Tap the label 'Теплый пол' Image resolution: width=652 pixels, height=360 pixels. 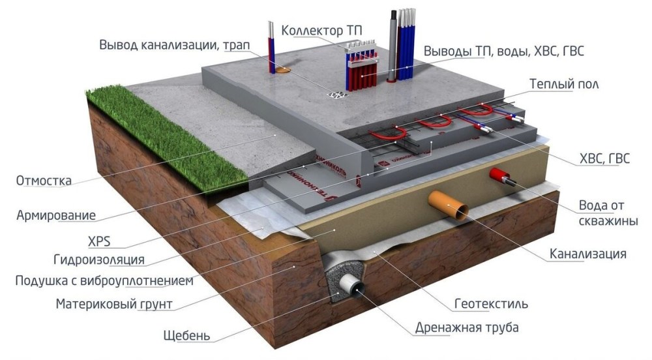pyautogui.click(x=564, y=85)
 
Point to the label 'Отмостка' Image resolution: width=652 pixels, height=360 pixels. pyautogui.click(x=44, y=181)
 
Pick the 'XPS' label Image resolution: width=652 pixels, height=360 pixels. pyautogui.click(x=98, y=243)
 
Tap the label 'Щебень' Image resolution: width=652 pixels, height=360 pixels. pyautogui.click(x=186, y=337)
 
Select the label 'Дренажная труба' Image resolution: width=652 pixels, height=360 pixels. pyautogui.click(x=466, y=327)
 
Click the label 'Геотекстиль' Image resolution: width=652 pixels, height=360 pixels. pyautogui.click(x=491, y=304)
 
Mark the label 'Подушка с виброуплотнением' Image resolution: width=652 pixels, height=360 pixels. pyautogui.click(x=104, y=281)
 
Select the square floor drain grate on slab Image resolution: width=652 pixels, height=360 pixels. pyautogui.click(x=338, y=95)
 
